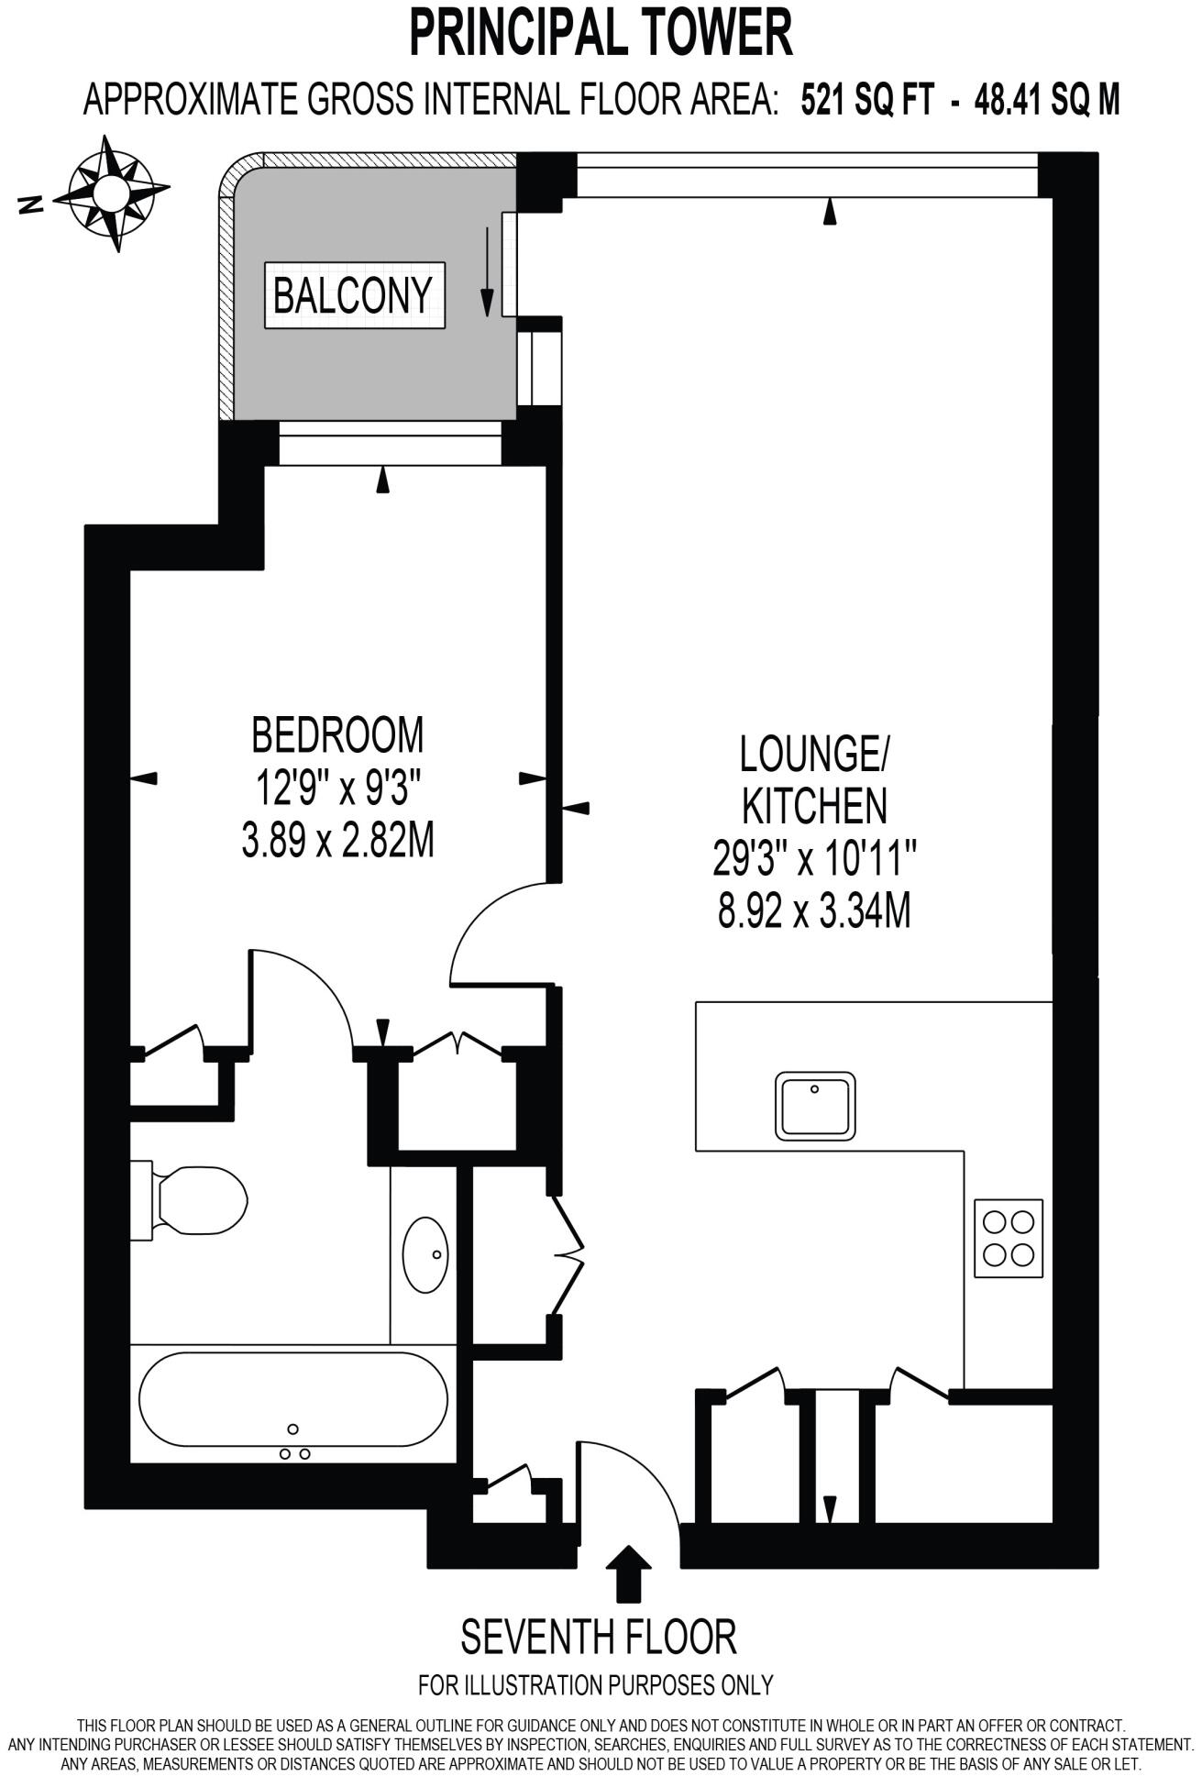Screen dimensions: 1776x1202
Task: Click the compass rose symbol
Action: pyautogui.click(x=111, y=193)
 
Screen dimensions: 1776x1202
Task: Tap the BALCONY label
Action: pyautogui.click(x=353, y=295)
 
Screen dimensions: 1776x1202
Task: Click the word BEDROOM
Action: pyautogui.click(x=338, y=734)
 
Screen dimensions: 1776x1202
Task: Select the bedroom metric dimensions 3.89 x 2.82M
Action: pyautogui.click(x=337, y=840)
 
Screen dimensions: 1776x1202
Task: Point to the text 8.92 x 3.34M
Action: pyautogui.click(x=813, y=911)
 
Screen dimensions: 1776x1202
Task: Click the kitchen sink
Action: pyautogui.click(x=815, y=1106)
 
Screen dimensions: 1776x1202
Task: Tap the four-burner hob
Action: pyautogui.click(x=1009, y=1238)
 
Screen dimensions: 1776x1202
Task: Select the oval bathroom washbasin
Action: pyautogui.click(x=426, y=1254)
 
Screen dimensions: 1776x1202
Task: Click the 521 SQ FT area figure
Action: pyautogui.click(x=866, y=99)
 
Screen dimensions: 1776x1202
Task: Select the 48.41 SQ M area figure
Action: pyautogui.click(x=1046, y=99)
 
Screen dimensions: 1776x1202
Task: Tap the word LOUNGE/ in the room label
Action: pyautogui.click(x=813, y=755)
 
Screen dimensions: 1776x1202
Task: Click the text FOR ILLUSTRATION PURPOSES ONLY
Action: pyautogui.click(x=596, y=1684)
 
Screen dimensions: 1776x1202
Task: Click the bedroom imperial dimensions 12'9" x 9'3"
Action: pyautogui.click(x=337, y=787)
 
